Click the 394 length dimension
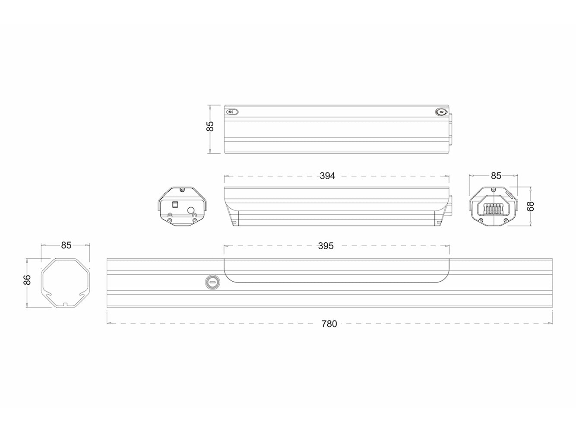pos(327,176)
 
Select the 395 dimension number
pos(326,246)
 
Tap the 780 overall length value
pos(329,324)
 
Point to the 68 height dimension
pos(531,206)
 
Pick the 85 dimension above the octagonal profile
pos(66,245)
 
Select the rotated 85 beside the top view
pos(210,127)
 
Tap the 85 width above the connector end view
pos(496,176)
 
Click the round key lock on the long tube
pos(212,282)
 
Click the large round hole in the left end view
pos(190,211)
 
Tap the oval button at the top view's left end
pos(232,112)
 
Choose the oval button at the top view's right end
pos(440,112)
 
